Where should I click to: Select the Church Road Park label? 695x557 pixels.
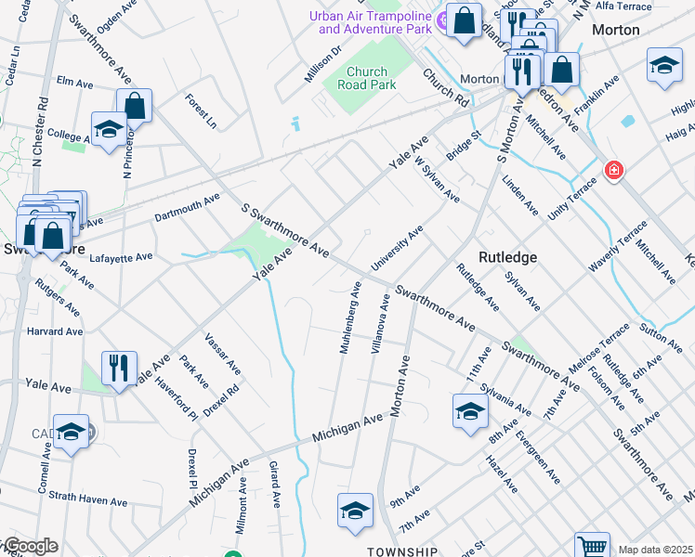(372, 78)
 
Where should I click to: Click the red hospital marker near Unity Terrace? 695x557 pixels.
(612, 169)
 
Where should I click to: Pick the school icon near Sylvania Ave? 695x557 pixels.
(470, 409)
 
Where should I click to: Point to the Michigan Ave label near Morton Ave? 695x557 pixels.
(347, 427)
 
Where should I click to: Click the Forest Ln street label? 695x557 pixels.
(200, 110)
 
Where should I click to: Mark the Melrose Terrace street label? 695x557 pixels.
(598, 355)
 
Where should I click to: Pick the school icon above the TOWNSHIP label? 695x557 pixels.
(355, 510)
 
